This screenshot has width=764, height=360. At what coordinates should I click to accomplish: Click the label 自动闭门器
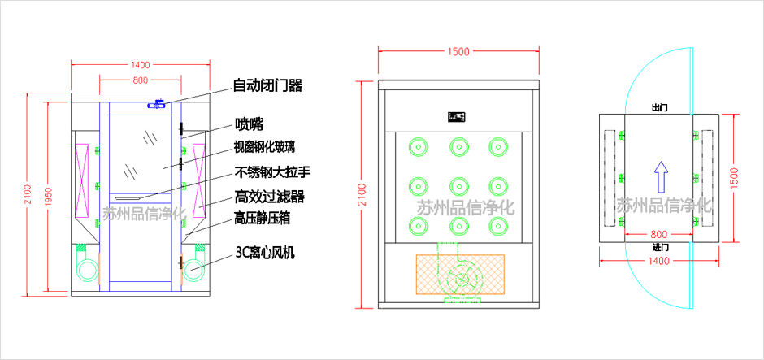(267, 85)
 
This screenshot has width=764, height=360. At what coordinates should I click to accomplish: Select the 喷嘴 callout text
(249, 124)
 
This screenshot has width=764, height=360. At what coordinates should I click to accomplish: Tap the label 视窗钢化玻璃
(264, 147)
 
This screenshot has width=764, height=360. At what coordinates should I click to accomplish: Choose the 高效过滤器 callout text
(269, 196)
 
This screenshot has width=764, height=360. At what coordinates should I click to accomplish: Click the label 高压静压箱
(263, 218)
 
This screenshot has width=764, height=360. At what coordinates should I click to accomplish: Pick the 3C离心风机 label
(264, 253)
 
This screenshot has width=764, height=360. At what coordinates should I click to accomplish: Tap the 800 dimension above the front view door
(140, 80)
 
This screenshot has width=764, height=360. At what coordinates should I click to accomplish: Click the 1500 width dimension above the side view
(458, 52)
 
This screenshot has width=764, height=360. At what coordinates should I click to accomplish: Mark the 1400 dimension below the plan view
(659, 261)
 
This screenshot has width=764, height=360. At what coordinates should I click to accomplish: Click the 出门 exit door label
(660, 107)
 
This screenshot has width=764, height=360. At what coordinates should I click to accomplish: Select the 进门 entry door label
(660, 246)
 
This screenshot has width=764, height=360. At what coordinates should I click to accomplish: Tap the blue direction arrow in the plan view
(661, 173)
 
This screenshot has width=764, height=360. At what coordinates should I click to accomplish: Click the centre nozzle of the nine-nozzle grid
(458, 184)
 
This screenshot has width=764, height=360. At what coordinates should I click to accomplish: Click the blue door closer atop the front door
(156, 104)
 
